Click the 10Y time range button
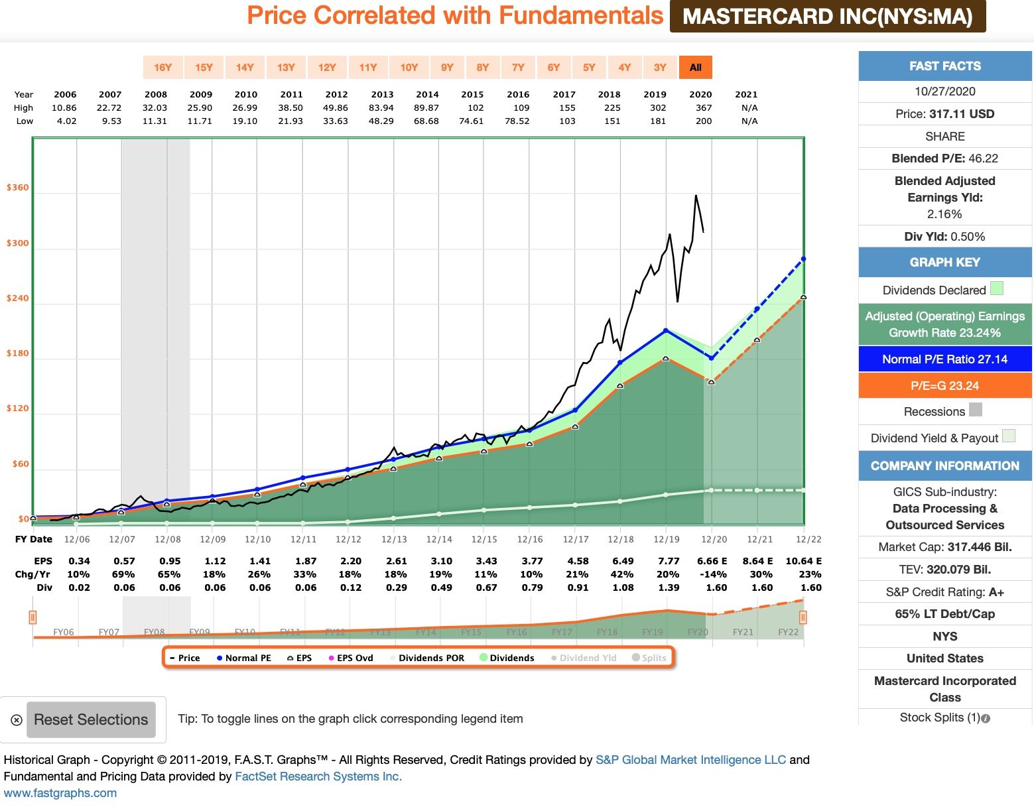[x=409, y=67]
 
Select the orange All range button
[x=695, y=67]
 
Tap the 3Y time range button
[x=660, y=67]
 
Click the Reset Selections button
[x=91, y=719]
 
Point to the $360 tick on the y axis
[x=18, y=188]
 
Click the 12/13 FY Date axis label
[x=394, y=540]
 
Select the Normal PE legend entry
[x=243, y=658]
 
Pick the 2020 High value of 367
[x=704, y=107]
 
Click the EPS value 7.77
[x=668, y=561]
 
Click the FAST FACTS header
[x=944, y=66]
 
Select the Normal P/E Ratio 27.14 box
[x=944, y=359]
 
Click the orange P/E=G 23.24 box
[x=944, y=386]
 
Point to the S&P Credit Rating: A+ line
[x=944, y=592]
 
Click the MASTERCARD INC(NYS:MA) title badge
[x=827, y=17]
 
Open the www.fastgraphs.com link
[x=60, y=793]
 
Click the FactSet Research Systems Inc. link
[x=318, y=776]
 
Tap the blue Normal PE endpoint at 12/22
[x=803, y=259]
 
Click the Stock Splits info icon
[x=986, y=718]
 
